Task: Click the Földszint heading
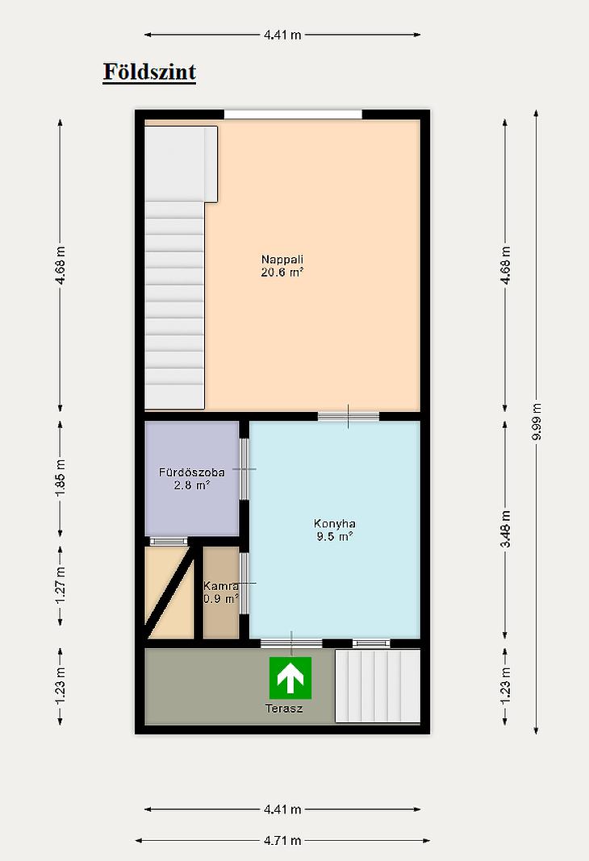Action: (149, 72)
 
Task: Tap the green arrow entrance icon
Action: (290, 678)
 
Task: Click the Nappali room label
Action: (282, 259)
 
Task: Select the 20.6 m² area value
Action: (282, 272)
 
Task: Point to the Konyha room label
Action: (335, 523)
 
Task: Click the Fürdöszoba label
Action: (192, 472)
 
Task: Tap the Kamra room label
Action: (221, 585)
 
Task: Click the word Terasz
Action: (284, 709)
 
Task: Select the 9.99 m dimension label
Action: (537, 422)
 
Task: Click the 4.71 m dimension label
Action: (282, 841)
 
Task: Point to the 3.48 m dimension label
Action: (506, 529)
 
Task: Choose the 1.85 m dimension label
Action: (61, 478)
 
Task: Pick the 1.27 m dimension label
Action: (61, 585)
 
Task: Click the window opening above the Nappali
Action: (293, 114)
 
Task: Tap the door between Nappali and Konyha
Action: (349, 416)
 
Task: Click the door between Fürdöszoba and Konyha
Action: (244, 469)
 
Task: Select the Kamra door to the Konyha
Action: (244, 583)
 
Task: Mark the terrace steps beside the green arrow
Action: (378, 686)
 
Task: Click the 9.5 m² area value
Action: (335, 536)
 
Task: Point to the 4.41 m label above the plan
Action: (282, 35)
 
